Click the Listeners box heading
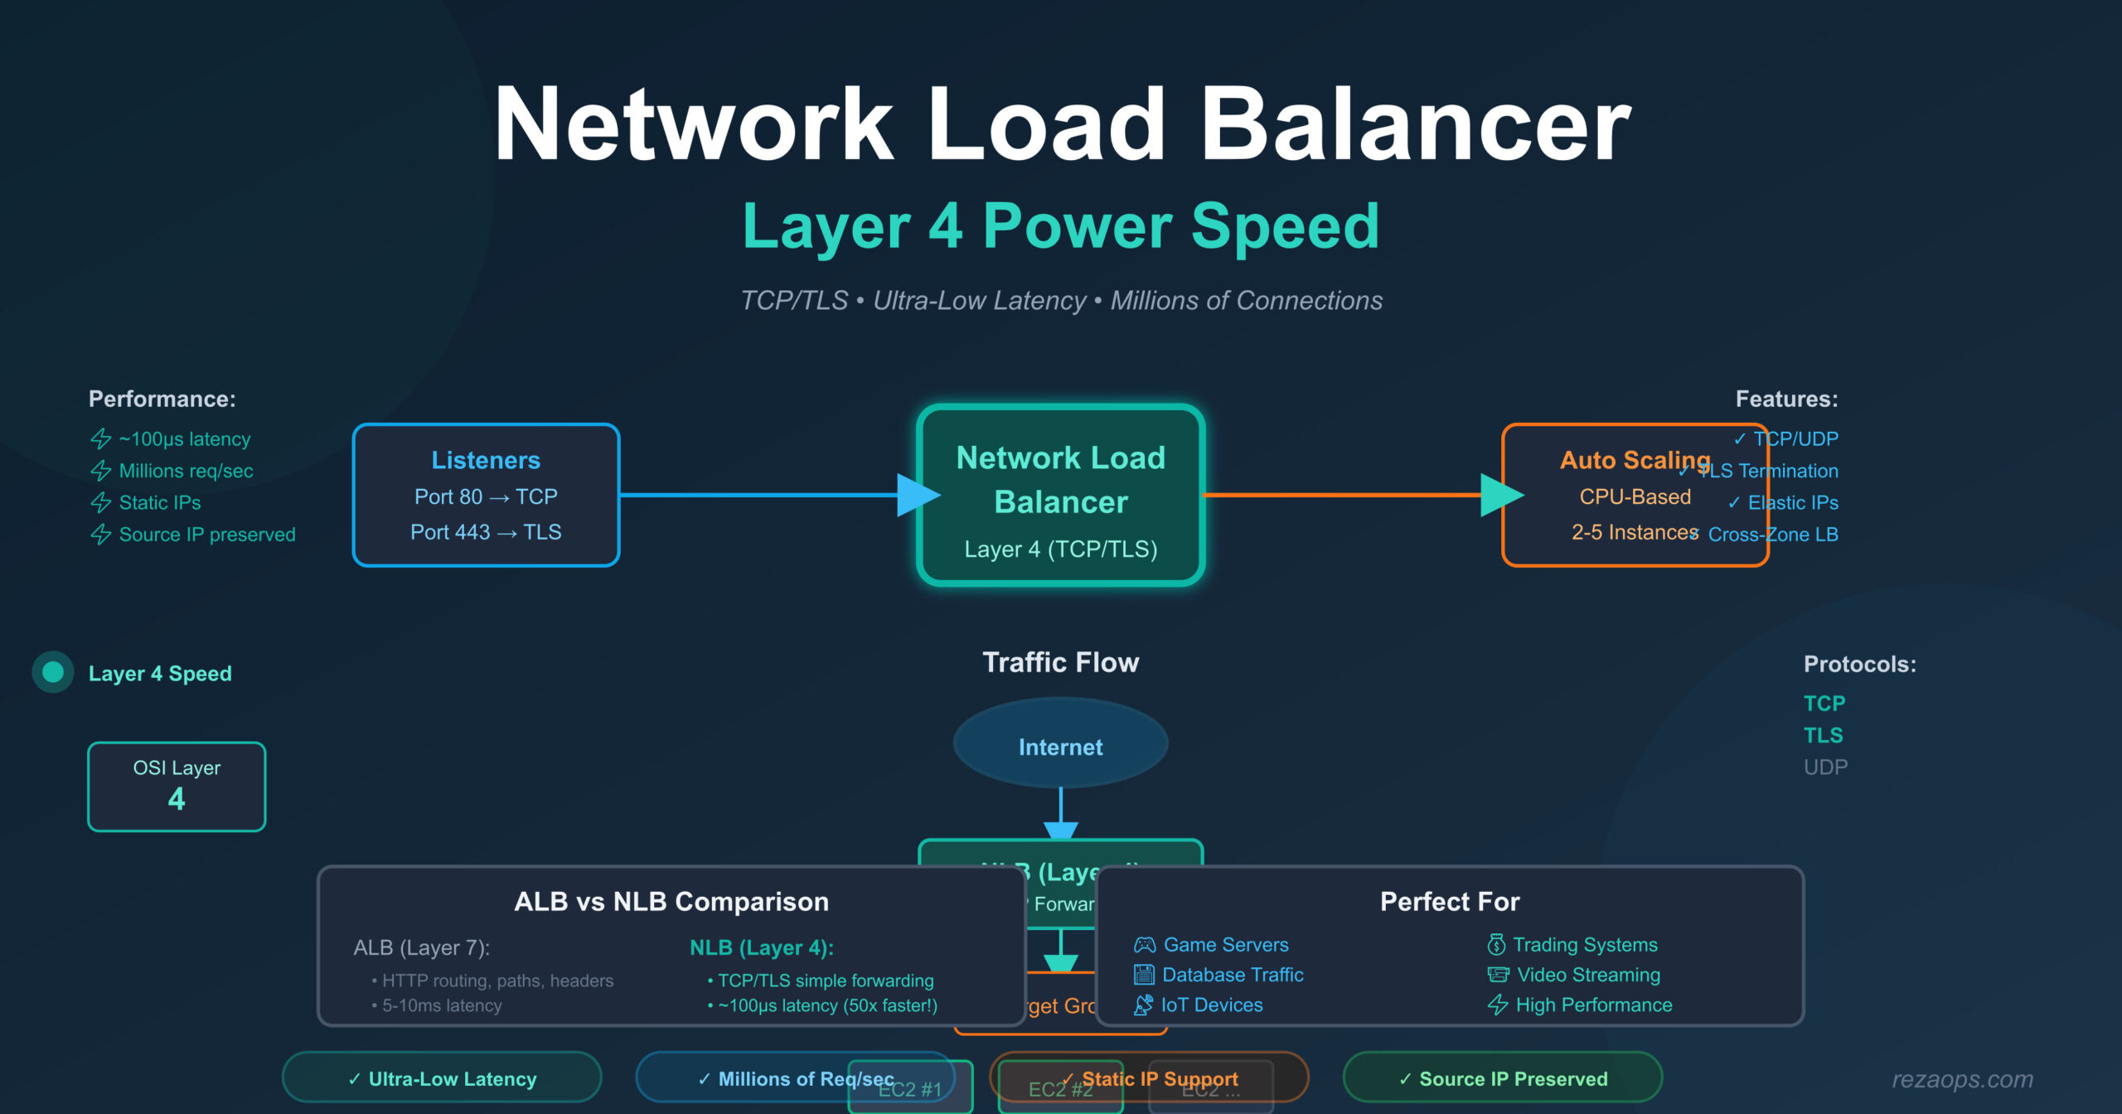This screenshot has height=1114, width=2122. [x=486, y=460]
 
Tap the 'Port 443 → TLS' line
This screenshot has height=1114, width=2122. [x=486, y=532]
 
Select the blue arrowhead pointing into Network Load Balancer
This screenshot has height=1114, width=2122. [x=917, y=496]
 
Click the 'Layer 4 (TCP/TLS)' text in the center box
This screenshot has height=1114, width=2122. [x=1060, y=549]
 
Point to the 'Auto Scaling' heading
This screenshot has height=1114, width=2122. [x=1635, y=460]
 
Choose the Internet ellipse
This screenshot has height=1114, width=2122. [x=1060, y=747]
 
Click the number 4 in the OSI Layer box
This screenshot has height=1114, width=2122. [x=177, y=799]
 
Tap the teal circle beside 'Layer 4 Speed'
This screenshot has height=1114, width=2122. [x=53, y=672]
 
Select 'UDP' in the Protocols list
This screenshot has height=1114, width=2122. [x=1825, y=768]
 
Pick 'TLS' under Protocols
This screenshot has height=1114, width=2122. [x=1823, y=735]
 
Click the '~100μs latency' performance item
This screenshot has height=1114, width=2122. [x=184, y=439]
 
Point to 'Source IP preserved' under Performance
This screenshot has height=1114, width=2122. [x=206, y=535]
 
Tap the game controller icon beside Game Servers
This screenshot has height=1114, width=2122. [x=1145, y=945]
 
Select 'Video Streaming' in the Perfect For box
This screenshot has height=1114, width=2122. [x=1588, y=975]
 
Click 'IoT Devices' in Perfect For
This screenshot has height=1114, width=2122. [x=1212, y=1005]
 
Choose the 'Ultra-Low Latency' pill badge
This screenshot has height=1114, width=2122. [x=442, y=1078]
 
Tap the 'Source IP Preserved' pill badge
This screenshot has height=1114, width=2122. [x=1503, y=1078]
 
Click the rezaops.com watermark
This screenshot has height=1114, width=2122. [x=1962, y=1079]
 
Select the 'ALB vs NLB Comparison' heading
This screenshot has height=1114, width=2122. [x=671, y=901]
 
